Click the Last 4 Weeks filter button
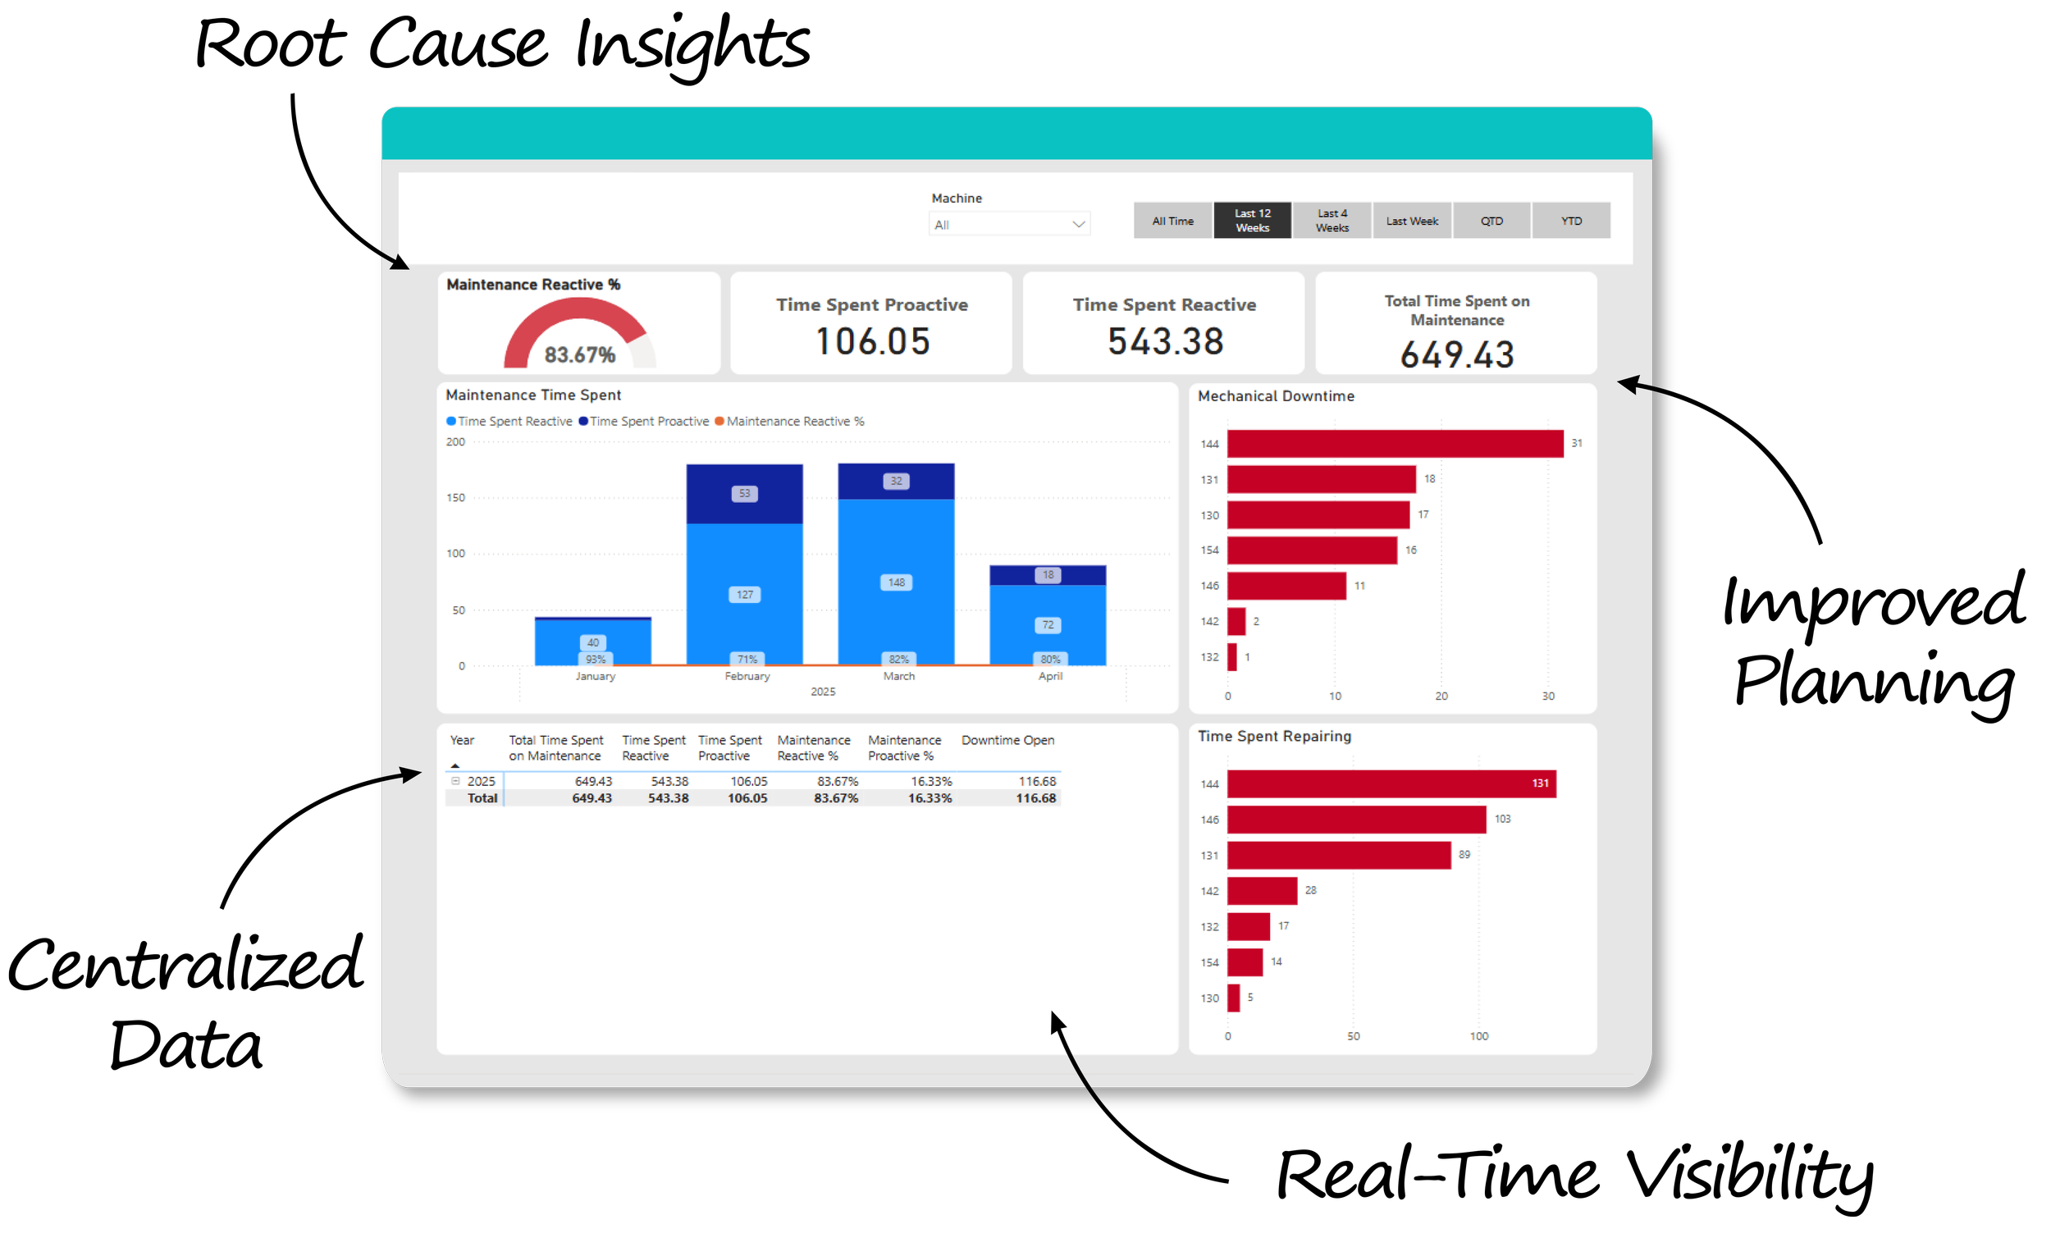tap(1331, 221)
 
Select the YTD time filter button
tap(1571, 221)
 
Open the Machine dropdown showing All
tap(1009, 225)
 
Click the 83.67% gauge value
tap(579, 354)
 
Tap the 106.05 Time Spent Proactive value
tap(871, 341)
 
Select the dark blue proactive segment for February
tap(744, 494)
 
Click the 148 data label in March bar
tap(896, 582)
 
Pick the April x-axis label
tap(1049, 676)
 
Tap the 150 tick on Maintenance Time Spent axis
tap(455, 498)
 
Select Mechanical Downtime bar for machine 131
tap(1321, 479)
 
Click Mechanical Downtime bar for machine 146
tap(1286, 586)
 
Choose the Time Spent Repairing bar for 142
tap(1261, 891)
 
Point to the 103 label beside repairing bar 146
tap(1501, 819)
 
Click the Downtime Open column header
tap(1007, 740)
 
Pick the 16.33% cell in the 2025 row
tap(930, 781)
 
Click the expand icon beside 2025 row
tap(455, 781)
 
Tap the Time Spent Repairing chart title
tap(1273, 736)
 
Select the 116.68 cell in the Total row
tap(1035, 798)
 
